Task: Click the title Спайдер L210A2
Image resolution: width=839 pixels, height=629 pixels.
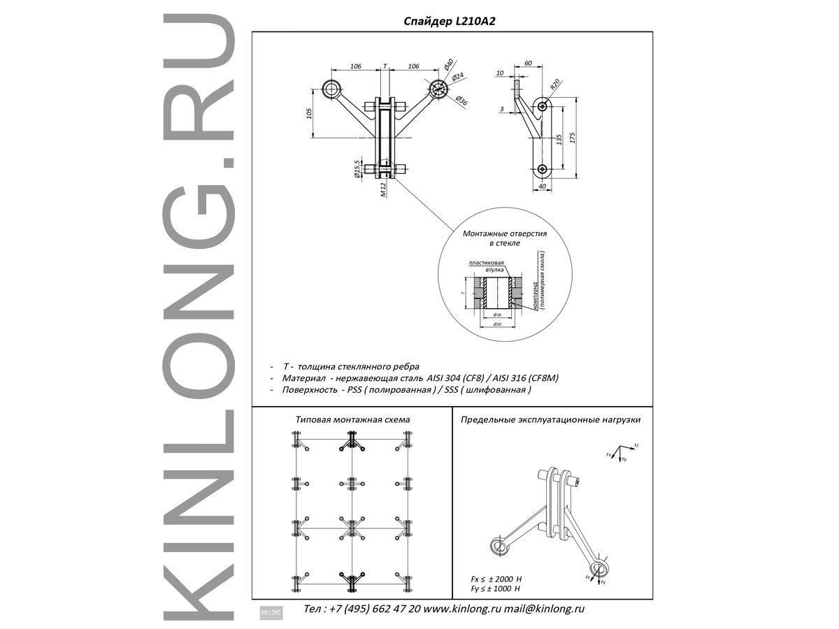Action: [450, 22]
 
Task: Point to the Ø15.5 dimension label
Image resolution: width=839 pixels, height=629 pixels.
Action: [357, 168]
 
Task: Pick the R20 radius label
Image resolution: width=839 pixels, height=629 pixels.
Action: [554, 85]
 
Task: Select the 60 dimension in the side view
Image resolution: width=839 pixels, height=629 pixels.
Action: [528, 64]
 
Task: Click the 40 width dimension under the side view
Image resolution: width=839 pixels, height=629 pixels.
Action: [542, 185]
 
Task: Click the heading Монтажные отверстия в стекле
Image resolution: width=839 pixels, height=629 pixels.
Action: [504, 238]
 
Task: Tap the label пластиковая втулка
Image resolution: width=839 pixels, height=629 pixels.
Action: [487, 266]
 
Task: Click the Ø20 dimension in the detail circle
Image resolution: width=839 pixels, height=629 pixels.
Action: [496, 325]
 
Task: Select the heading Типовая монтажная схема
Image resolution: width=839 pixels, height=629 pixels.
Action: [352, 419]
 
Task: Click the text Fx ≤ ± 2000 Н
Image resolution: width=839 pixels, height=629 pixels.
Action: [497, 579]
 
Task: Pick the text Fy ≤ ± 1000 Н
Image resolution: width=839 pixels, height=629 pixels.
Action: [497, 589]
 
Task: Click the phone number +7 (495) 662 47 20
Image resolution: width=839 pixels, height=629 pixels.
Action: [378, 609]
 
